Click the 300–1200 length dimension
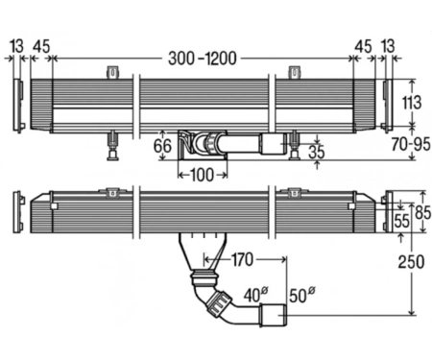tap(203, 59)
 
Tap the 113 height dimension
tap(412, 103)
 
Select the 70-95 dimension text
tap(411, 144)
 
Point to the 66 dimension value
tap(162, 146)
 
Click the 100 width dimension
tap(203, 175)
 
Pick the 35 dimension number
tap(317, 152)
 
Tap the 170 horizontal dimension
tap(242, 260)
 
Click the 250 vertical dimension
tap(411, 262)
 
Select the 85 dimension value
tap(423, 212)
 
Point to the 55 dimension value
tap(401, 221)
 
